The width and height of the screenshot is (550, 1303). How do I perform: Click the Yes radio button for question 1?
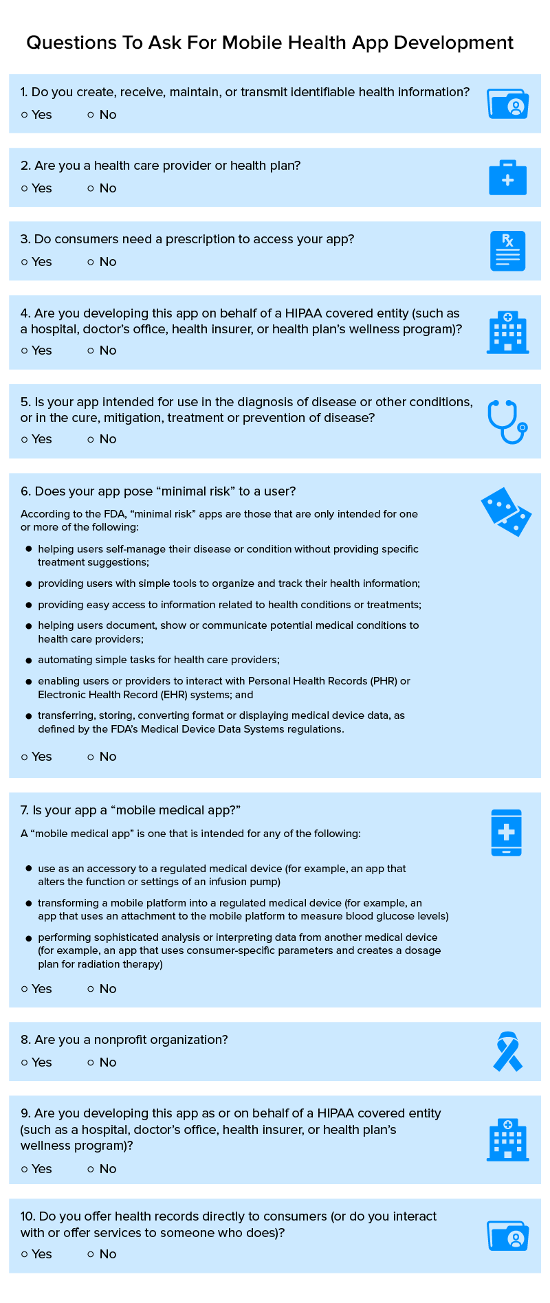[x=25, y=115]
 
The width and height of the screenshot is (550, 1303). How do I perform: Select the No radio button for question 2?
[x=91, y=188]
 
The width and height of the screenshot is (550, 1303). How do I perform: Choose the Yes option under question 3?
[x=25, y=262]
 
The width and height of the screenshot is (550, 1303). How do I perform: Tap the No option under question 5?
[x=91, y=439]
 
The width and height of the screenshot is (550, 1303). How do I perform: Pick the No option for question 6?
[x=91, y=757]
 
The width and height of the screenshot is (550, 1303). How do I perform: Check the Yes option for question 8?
[x=25, y=1062]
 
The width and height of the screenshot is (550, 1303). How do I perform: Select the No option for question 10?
[x=91, y=1254]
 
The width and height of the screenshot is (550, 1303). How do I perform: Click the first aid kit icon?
[x=507, y=178]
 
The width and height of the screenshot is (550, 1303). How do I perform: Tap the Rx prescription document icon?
[x=507, y=251]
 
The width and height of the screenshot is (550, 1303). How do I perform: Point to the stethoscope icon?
[x=507, y=421]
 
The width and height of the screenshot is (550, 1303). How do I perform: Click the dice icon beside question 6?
[x=507, y=512]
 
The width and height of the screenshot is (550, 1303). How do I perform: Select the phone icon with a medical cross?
[x=507, y=832]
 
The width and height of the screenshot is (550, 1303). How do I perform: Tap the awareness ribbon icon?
[x=508, y=1051]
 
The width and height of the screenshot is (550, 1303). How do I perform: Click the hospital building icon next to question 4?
[x=507, y=333]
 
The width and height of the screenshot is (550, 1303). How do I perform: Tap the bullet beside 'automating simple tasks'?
[x=29, y=660]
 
